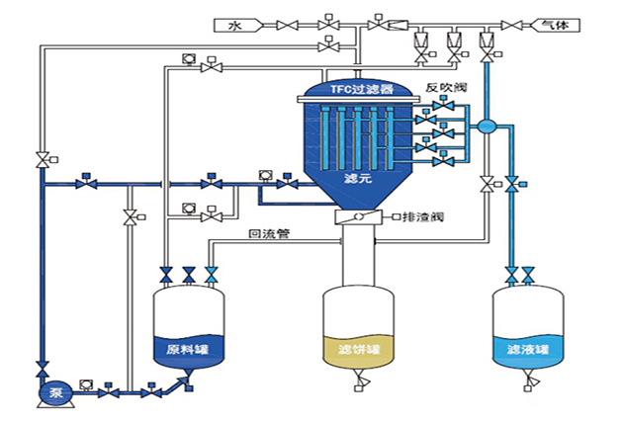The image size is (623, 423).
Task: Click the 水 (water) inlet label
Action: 233,23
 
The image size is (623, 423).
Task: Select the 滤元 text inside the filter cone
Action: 356,179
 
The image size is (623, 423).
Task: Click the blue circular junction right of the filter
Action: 487,127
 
